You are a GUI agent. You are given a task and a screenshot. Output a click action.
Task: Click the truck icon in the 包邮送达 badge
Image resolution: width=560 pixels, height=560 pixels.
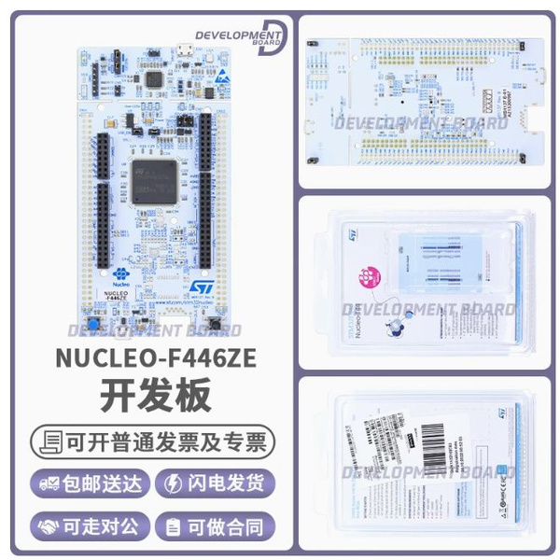49,483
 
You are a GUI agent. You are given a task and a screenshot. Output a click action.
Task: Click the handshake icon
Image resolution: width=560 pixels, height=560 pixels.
49,525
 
